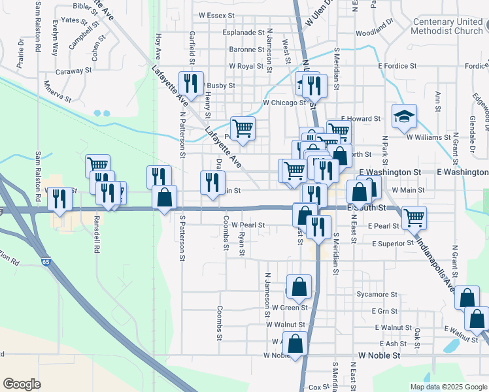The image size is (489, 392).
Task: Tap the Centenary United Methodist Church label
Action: point(447,26)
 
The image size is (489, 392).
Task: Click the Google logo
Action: point(22,384)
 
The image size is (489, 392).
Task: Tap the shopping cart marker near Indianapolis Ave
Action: point(414,218)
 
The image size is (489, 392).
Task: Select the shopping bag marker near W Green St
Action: point(299,286)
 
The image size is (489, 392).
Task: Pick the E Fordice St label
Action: point(397,66)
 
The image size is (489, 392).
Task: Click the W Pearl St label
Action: point(246,225)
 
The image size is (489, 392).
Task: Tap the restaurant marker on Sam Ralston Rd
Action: point(59,199)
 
